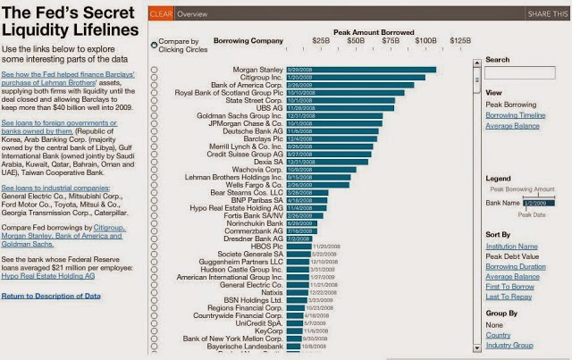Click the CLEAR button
click(162, 14)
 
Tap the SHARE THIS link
click(548, 14)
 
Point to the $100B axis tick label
click(425, 41)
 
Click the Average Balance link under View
click(512, 126)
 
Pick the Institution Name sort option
click(511, 246)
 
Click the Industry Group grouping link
click(509, 345)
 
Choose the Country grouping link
click(499, 335)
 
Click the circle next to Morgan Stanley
click(156, 70)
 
